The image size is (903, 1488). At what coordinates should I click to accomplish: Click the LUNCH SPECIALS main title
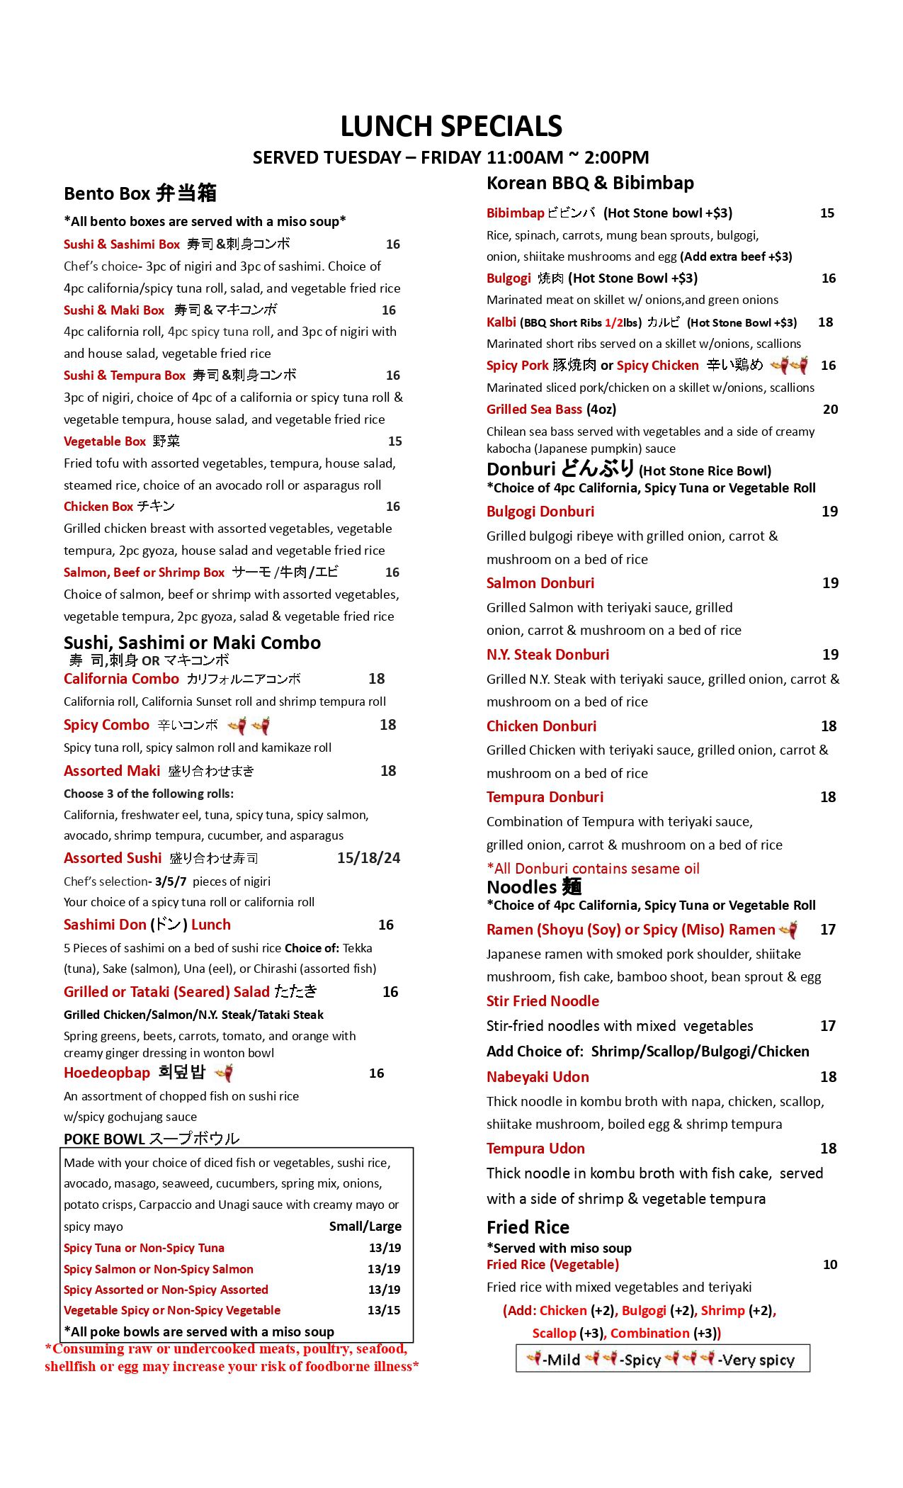tap(451, 127)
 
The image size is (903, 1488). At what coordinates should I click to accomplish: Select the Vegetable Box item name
tap(105, 441)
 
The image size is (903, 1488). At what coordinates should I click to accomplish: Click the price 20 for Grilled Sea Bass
tap(830, 410)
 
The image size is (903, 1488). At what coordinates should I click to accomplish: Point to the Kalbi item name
tap(501, 322)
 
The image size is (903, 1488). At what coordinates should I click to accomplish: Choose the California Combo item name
tap(121, 679)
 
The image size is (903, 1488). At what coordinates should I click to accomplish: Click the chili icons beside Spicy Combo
tap(249, 726)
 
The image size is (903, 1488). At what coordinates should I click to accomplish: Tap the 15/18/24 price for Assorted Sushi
tap(368, 858)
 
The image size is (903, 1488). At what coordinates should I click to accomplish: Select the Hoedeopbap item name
tap(107, 1073)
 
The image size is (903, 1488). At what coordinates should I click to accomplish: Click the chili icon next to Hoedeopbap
tap(225, 1073)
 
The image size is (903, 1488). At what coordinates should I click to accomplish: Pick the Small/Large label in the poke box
tap(365, 1227)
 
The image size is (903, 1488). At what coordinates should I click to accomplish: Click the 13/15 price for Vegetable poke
tap(384, 1310)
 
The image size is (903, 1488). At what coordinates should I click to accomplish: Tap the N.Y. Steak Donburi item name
tap(547, 655)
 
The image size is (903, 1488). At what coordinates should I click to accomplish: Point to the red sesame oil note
tap(593, 869)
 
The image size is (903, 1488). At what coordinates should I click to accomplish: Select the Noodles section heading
tap(534, 887)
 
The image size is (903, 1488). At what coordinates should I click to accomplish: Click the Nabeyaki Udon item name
tap(538, 1077)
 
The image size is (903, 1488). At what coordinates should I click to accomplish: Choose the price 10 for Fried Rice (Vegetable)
tap(830, 1265)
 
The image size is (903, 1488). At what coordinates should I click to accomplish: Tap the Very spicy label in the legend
tap(756, 1360)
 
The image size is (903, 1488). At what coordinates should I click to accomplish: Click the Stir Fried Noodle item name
tap(543, 1001)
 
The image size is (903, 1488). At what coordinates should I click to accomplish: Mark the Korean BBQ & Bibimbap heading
tap(590, 183)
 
